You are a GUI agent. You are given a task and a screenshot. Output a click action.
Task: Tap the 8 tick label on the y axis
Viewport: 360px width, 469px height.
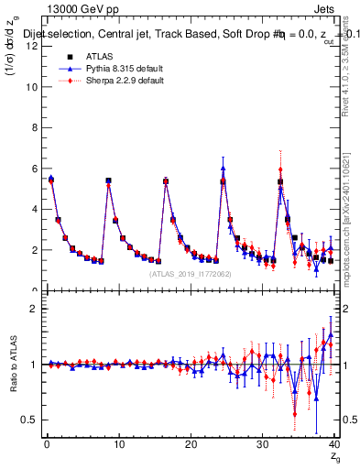(x=34, y=128)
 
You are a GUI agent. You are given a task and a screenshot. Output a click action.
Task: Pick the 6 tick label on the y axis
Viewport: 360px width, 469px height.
(x=34, y=169)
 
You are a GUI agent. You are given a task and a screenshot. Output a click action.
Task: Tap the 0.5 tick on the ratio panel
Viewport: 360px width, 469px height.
(x=29, y=420)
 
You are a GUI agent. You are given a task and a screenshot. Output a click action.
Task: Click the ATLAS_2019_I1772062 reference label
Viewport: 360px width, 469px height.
(x=191, y=274)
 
